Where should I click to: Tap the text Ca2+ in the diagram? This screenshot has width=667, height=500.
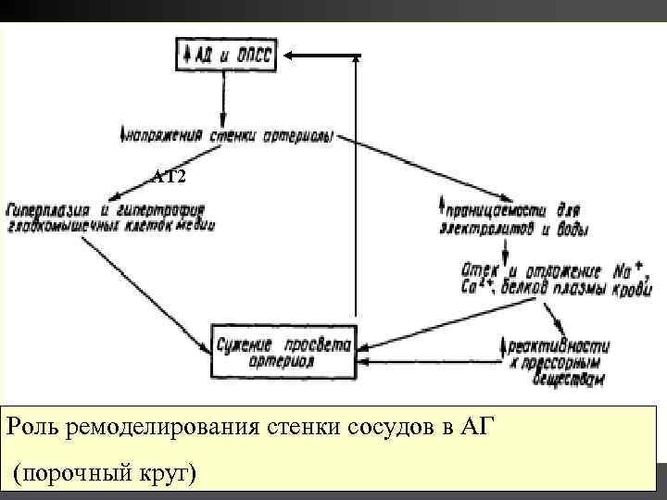(473, 286)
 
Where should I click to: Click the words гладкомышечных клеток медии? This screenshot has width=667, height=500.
(109, 226)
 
